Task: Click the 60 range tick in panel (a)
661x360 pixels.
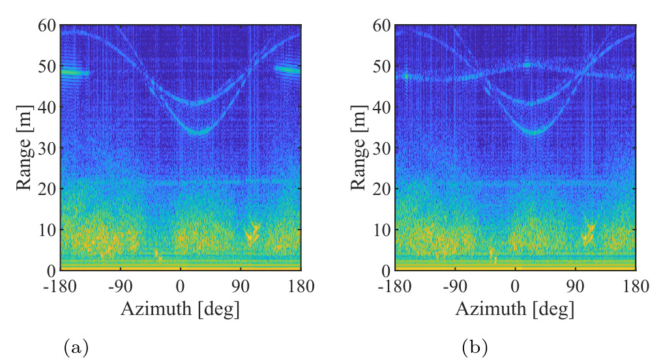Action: coord(46,25)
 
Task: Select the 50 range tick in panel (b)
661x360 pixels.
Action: coord(381,66)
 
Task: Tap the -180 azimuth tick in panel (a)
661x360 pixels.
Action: coord(60,287)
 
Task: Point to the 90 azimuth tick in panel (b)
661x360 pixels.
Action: coord(576,287)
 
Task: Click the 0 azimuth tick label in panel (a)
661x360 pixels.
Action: coord(181,287)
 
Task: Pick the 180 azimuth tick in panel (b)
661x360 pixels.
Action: coord(636,287)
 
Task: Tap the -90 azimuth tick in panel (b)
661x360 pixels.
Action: coord(455,287)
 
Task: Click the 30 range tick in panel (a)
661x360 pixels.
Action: coord(46,148)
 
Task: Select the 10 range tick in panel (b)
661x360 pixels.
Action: coord(381,230)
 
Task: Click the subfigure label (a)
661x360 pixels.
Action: coord(76,348)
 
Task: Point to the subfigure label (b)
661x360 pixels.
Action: coord(475,348)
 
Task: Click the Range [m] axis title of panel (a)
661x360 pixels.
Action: coord(24,147)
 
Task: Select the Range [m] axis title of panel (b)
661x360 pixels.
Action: coord(359,147)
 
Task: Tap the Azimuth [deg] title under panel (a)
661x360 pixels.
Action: coord(181,309)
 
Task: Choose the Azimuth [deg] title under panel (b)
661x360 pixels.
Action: coord(515,309)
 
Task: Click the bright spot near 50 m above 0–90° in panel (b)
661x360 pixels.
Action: coord(527,65)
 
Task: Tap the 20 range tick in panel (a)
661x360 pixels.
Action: coord(46,189)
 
